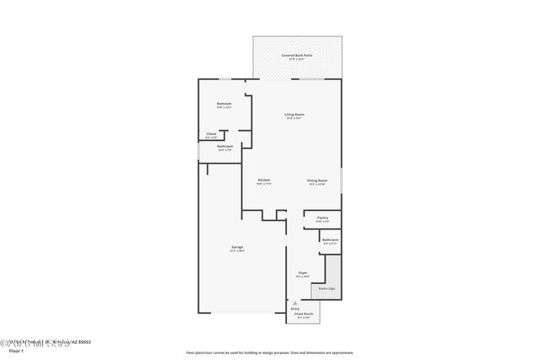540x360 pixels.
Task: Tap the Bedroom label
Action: pyautogui.click(x=224, y=104)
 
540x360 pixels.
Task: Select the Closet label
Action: pyautogui.click(x=211, y=133)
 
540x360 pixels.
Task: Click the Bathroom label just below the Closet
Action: pyautogui.click(x=224, y=146)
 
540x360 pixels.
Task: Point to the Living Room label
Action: pyautogui.click(x=294, y=114)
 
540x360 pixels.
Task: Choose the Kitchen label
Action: pyautogui.click(x=263, y=180)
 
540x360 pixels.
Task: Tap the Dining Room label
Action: pyautogui.click(x=317, y=180)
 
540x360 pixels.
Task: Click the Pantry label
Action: pyautogui.click(x=322, y=218)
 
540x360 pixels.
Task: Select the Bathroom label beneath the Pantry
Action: pyautogui.click(x=330, y=239)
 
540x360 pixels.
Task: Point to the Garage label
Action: pyautogui.click(x=238, y=247)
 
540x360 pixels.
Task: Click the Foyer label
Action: pyautogui.click(x=303, y=272)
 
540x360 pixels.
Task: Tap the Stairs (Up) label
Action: pyautogui.click(x=325, y=289)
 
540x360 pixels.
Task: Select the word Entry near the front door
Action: pyautogui.click(x=295, y=309)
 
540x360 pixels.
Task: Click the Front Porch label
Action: pyautogui.click(x=303, y=314)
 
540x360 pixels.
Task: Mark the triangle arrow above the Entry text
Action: pyautogui.click(x=295, y=303)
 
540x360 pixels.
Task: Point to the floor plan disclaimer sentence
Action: pyautogui.click(x=269, y=353)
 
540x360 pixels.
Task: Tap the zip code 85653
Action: pyautogui.click(x=85, y=341)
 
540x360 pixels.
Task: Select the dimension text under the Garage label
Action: pyautogui.click(x=238, y=251)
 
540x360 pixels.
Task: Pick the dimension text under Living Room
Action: pyautogui.click(x=294, y=118)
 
